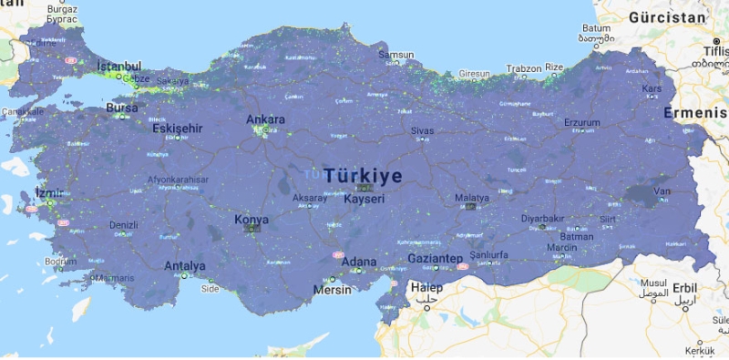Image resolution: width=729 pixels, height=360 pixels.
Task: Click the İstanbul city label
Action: click(x=120, y=67)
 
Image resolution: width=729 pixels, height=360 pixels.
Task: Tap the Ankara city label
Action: click(x=265, y=119)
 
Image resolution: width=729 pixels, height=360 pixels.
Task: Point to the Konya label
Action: click(x=252, y=220)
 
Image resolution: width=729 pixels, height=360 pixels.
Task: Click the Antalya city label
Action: click(x=185, y=266)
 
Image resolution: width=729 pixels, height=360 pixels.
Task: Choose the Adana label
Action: click(x=358, y=262)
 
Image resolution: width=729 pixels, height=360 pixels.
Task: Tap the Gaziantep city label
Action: click(x=435, y=259)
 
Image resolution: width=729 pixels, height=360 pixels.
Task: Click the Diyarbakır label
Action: click(x=542, y=219)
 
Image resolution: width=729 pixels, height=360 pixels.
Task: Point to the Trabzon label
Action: click(x=523, y=67)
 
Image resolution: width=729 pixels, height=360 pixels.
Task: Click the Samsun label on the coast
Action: click(x=395, y=55)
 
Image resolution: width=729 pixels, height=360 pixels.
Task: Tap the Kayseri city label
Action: click(x=364, y=198)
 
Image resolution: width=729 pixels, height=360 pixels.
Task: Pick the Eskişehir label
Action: click(x=177, y=129)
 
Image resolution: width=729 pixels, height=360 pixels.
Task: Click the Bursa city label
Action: click(x=122, y=107)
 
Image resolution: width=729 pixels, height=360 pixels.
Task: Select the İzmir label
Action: click(x=49, y=192)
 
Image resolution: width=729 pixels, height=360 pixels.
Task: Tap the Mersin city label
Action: click(x=332, y=291)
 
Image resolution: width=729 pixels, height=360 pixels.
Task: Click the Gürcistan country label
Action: click(x=667, y=17)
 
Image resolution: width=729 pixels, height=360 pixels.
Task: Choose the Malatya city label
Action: click(x=472, y=197)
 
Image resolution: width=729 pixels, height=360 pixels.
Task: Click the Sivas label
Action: click(x=422, y=131)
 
